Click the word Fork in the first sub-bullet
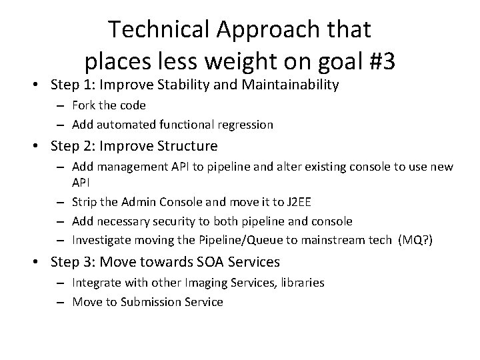coord(83,105)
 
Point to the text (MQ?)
coord(415,240)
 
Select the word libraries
coord(301,283)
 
